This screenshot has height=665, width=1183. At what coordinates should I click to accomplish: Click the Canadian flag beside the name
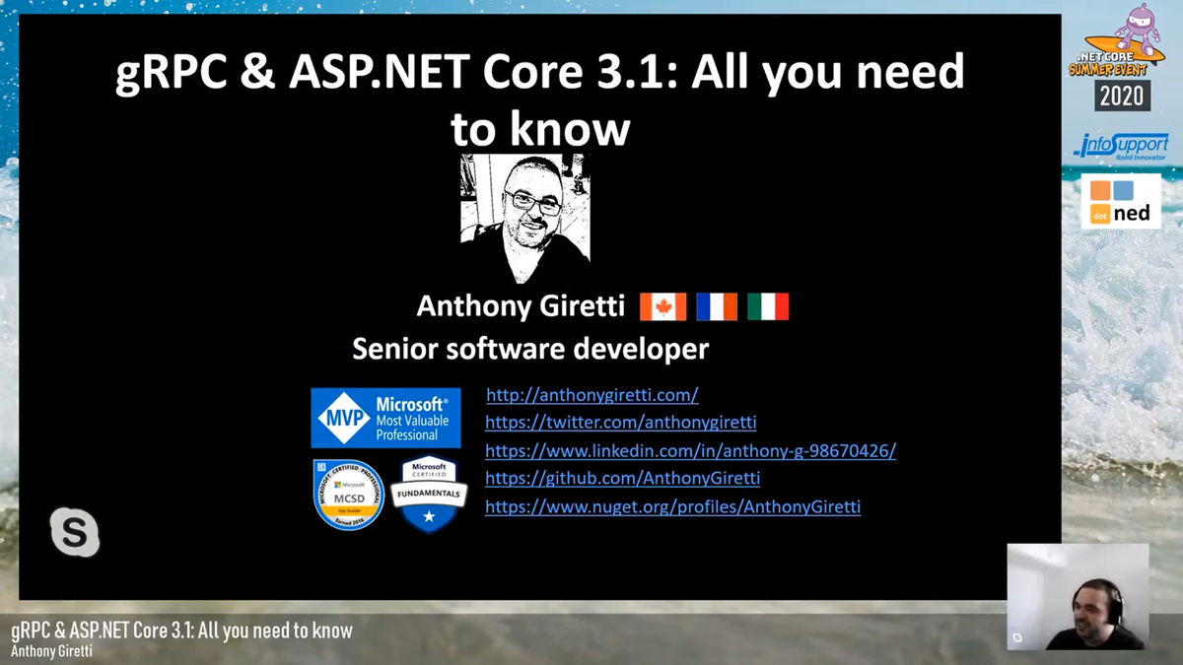(662, 306)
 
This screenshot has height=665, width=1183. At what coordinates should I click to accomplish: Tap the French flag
(717, 306)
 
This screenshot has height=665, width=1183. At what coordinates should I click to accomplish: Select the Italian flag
(768, 306)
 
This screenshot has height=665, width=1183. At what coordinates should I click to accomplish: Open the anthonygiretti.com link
(591, 395)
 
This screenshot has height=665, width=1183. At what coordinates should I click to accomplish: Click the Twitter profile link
(621, 423)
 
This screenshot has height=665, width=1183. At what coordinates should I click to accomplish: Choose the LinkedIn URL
(690, 451)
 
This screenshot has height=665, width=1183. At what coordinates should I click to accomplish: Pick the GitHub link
(622, 479)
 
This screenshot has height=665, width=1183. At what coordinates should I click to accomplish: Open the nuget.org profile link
(672, 507)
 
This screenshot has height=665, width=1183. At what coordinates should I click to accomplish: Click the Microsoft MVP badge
(385, 419)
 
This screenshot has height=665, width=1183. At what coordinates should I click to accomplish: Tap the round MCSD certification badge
(348, 495)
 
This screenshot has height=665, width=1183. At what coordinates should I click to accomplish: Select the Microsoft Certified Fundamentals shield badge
(429, 495)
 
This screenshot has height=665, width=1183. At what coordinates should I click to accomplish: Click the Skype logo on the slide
(75, 533)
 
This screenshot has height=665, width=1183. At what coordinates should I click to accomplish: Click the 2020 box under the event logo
(1121, 95)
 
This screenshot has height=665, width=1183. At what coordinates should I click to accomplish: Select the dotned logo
(1121, 202)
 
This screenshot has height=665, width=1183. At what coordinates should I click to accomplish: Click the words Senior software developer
(530, 348)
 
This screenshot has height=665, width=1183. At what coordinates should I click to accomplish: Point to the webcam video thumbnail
(1078, 596)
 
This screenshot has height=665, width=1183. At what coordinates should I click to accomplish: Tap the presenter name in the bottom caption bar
(53, 651)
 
